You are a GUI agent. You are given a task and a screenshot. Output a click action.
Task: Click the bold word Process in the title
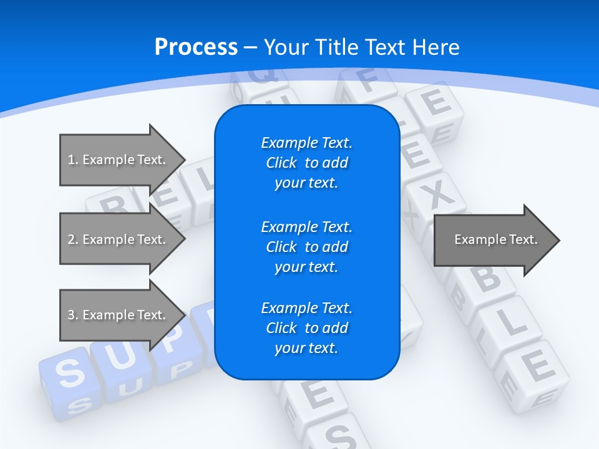tap(196, 47)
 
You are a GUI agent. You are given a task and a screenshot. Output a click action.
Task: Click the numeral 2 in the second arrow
tap(71, 239)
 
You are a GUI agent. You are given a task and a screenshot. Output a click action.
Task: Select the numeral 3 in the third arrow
tap(71, 315)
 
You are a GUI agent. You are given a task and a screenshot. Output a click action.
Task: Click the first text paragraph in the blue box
tap(306, 163)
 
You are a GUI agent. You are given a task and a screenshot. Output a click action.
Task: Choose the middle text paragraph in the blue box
tap(306, 247)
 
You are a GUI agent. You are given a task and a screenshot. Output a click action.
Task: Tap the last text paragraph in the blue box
tap(306, 328)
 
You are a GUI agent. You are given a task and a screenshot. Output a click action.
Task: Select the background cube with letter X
tap(439, 196)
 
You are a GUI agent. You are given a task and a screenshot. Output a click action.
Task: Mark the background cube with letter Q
tap(262, 78)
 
